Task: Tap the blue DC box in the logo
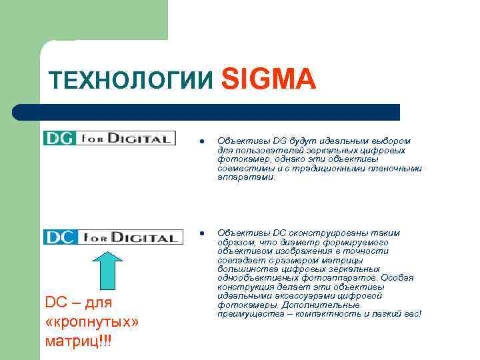coord(61,237)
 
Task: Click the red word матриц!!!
coord(79,341)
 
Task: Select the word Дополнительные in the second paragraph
coord(340,305)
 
